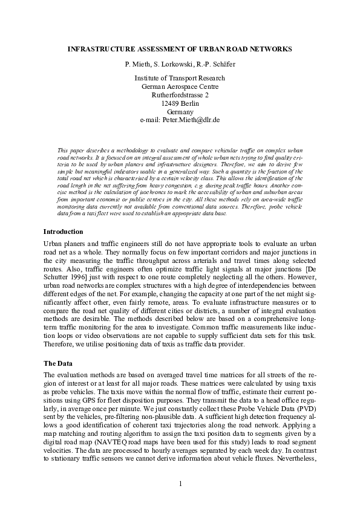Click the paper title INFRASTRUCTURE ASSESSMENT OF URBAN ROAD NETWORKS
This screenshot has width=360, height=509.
click(x=180, y=48)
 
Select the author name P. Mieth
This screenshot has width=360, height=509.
click(x=138, y=63)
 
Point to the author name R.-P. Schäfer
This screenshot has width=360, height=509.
click(x=214, y=63)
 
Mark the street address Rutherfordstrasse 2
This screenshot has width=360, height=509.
click(x=180, y=95)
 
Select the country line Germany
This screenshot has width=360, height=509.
click(x=180, y=112)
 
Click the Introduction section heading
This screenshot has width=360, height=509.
click(x=64, y=232)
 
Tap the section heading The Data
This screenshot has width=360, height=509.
click(x=58, y=363)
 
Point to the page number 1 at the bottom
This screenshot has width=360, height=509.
click(x=180, y=484)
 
